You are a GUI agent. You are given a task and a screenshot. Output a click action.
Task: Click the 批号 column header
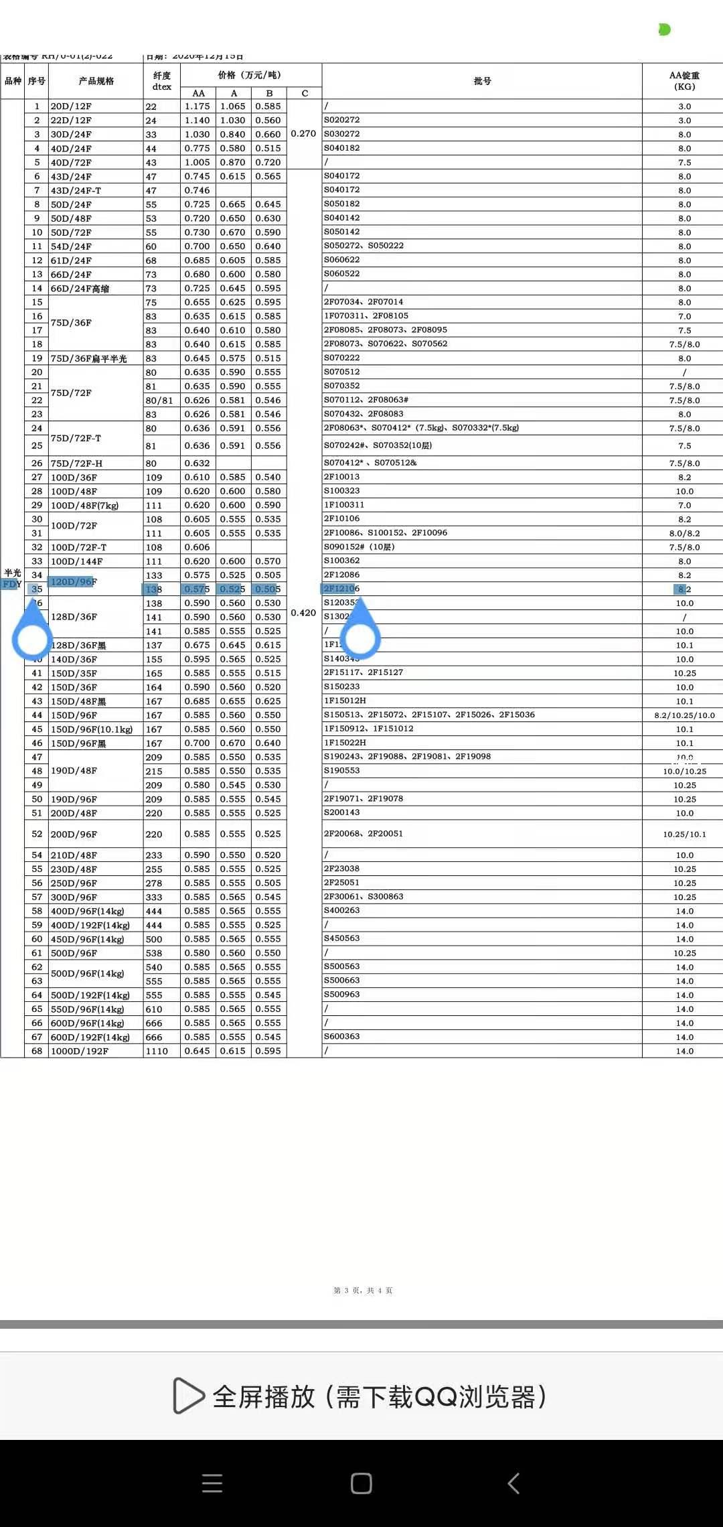(x=482, y=81)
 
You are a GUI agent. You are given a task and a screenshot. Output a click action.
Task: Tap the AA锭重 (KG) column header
(x=684, y=81)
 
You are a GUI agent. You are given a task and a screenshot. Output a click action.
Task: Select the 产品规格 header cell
(x=96, y=81)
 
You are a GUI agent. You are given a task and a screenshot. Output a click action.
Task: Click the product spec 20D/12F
(x=71, y=106)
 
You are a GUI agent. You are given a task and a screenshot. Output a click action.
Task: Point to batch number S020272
(x=342, y=120)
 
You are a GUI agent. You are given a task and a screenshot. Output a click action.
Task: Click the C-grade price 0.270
(x=303, y=134)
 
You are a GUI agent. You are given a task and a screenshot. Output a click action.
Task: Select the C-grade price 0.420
(x=303, y=613)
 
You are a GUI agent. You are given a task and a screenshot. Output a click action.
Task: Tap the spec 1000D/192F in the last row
(x=80, y=1051)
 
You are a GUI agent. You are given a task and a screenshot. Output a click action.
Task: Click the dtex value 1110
(x=155, y=1051)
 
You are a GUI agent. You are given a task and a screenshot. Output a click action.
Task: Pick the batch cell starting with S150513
(x=429, y=715)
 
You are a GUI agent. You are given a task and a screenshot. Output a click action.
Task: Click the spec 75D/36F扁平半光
(x=89, y=358)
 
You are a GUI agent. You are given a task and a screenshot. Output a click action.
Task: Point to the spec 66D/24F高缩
(x=80, y=289)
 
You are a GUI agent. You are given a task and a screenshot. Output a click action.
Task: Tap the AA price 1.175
(x=197, y=106)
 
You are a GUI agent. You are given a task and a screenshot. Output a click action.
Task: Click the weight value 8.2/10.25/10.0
(x=684, y=715)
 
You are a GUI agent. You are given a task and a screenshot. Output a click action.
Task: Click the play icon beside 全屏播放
(x=188, y=1396)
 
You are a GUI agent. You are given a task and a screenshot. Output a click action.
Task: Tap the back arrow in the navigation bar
(x=513, y=1483)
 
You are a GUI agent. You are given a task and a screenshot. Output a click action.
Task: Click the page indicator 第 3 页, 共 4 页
(x=363, y=1291)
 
